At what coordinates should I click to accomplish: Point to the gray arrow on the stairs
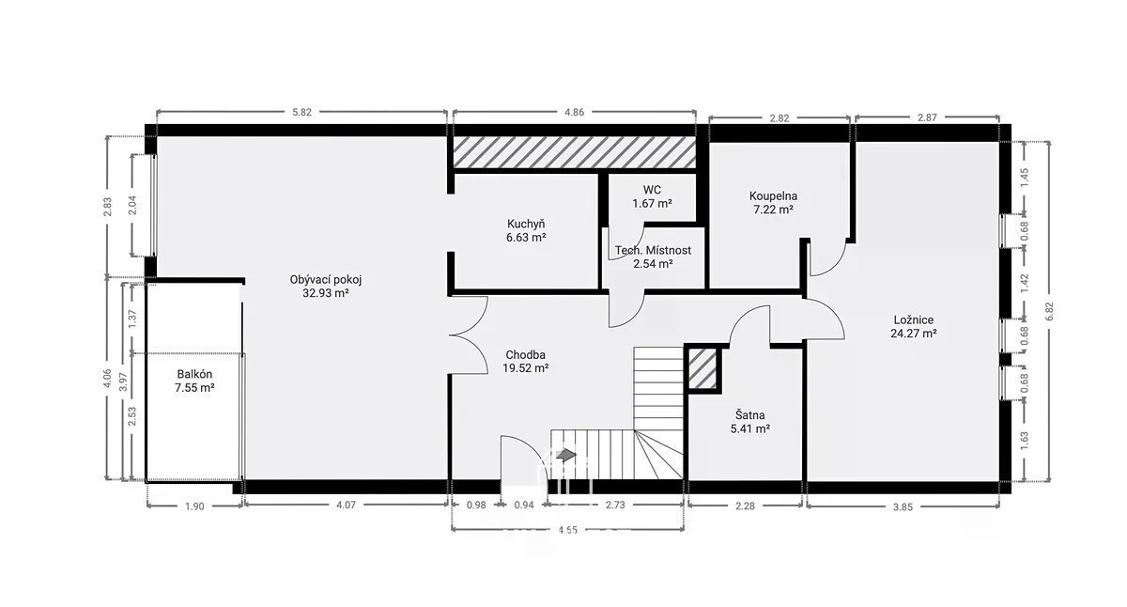tap(566, 456)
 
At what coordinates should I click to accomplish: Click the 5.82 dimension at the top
tap(301, 112)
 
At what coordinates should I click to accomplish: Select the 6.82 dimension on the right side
tap(1048, 311)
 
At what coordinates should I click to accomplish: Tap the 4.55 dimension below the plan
tap(567, 530)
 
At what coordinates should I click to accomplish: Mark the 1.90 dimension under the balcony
tap(194, 506)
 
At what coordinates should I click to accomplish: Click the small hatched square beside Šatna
tap(702, 369)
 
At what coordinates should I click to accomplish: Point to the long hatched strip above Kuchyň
tap(575, 152)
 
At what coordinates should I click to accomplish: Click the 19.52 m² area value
tap(525, 368)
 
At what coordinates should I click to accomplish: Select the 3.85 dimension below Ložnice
tap(903, 507)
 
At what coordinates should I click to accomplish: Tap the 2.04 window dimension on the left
tap(132, 205)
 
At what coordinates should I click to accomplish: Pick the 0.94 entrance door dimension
tap(524, 505)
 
